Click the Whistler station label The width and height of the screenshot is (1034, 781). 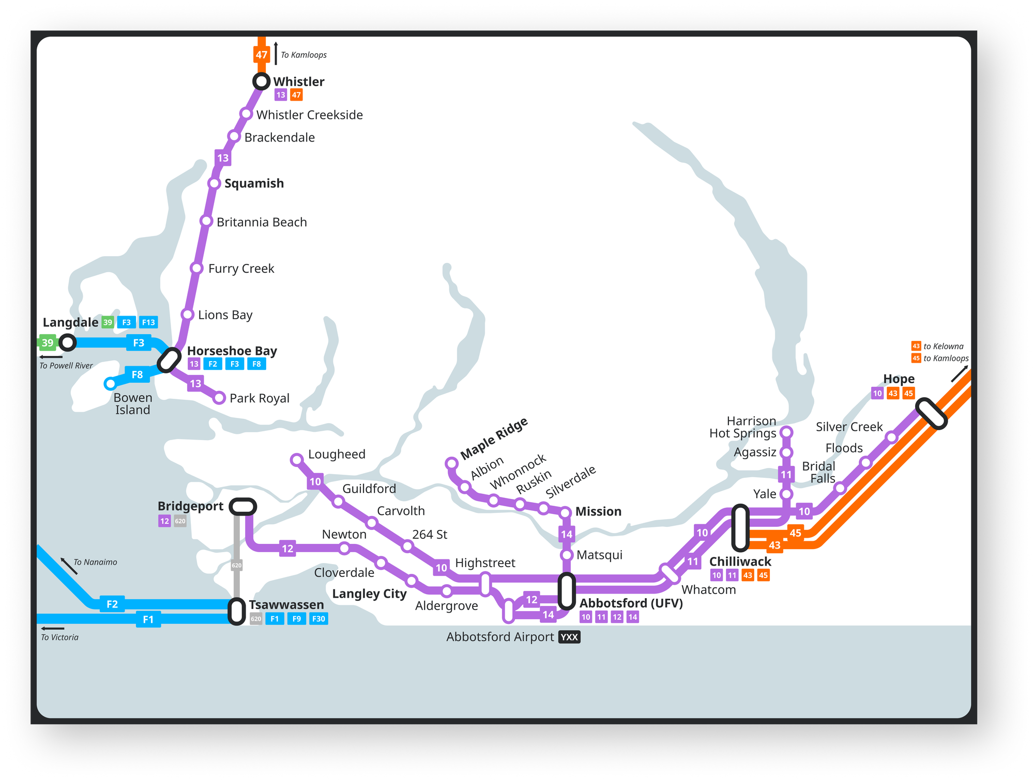click(x=298, y=82)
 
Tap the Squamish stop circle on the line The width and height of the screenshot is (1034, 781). click(x=214, y=183)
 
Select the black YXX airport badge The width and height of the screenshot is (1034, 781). click(x=569, y=637)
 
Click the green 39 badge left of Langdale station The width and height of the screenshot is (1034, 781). click(x=48, y=342)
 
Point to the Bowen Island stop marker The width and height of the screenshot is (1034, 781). click(x=110, y=384)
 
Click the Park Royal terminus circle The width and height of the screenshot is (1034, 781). click(x=219, y=398)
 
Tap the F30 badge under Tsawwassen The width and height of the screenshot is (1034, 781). click(x=318, y=619)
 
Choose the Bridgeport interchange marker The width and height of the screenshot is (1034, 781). click(x=242, y=507)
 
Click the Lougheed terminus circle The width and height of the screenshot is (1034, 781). click(x=297, y=460)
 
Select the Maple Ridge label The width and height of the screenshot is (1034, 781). click(x=494, y=438)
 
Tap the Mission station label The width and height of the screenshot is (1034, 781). click(x=598, y=511)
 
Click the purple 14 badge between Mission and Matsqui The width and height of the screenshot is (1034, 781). click(x=567, y=534)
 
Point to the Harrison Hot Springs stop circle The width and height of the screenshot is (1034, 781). click(x=786, y=432)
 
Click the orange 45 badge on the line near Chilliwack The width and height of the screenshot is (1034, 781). click(x=795, y=533)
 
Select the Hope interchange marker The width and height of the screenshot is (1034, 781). click(x=931, y=413)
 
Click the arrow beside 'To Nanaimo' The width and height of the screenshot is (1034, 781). click(x=69, y=566)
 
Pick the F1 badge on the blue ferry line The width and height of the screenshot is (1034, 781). click(x=148, y=619)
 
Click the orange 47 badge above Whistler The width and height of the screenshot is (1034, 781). click(x=262, y=55)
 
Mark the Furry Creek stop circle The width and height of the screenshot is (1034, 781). click(x=196, y=268)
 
